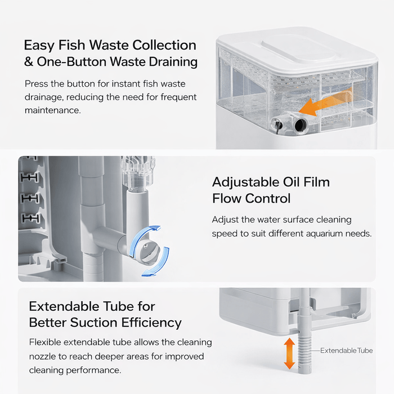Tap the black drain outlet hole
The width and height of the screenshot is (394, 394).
301,124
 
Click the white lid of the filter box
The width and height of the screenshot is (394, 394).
297,52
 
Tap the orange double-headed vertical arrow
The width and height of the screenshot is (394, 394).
289,353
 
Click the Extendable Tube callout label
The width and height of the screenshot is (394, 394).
346,351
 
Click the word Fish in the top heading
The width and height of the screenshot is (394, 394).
71,46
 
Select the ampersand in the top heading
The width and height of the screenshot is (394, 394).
29,62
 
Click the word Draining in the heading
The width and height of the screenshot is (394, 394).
173,62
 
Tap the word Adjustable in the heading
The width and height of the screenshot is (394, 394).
245,182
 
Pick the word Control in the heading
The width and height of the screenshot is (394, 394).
267,199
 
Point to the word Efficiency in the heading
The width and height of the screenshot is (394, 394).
151,323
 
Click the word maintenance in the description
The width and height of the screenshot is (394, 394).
53,110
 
